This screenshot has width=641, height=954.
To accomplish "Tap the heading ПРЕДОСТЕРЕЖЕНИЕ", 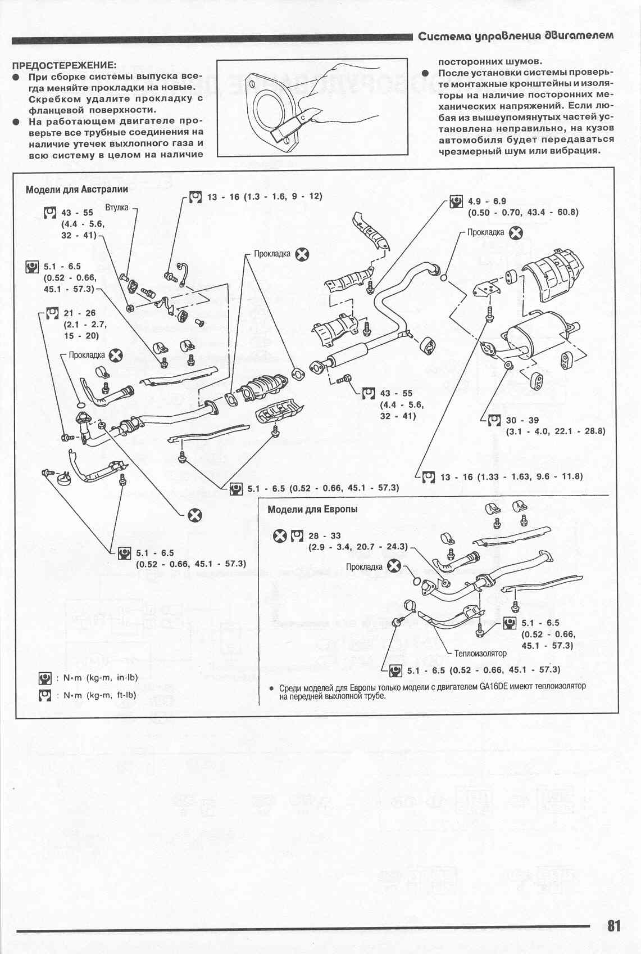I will pyautogui.click(x=65, y=65).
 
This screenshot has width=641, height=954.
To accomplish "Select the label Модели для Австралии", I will pyautogui.click(x=77, y=190).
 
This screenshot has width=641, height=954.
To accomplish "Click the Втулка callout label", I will pyautogui.click(x=117, y=208).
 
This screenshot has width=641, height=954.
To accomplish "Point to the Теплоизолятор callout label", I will pyautogui.click(x=480, y=653).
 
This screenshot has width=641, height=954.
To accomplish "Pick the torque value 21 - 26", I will pyautogui.click(x=80, y=313).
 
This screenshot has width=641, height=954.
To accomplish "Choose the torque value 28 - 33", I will pyautogui.click(x=324, y=536).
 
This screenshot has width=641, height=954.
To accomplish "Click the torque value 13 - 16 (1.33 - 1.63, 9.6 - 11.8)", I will pyautogui.click(x=511, y=476).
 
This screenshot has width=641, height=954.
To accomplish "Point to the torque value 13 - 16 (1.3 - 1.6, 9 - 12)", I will pyautogui.click(x=264, y=197).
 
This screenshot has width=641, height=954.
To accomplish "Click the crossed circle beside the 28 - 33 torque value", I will pyautogui.click(x=279, y=536).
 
